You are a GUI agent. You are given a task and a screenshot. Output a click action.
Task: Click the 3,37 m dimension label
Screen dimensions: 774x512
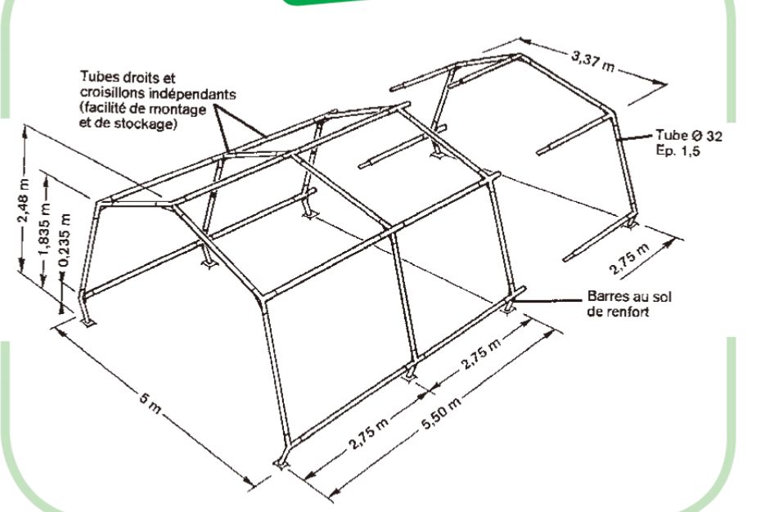click(x=593, y=61)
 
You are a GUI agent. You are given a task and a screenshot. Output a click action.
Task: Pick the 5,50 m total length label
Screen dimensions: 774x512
click(x=442, y=413)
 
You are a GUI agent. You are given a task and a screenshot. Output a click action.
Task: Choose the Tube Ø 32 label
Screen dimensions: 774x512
click(x=689, y=136)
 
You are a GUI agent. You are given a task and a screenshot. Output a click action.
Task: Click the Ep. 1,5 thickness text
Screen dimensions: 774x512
click(x=677, y=150)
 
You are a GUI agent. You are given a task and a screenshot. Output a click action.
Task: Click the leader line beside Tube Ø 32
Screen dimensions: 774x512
click(x=636, y=137)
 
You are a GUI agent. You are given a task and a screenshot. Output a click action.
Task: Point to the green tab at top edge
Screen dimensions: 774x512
click(x=326, y=2)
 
